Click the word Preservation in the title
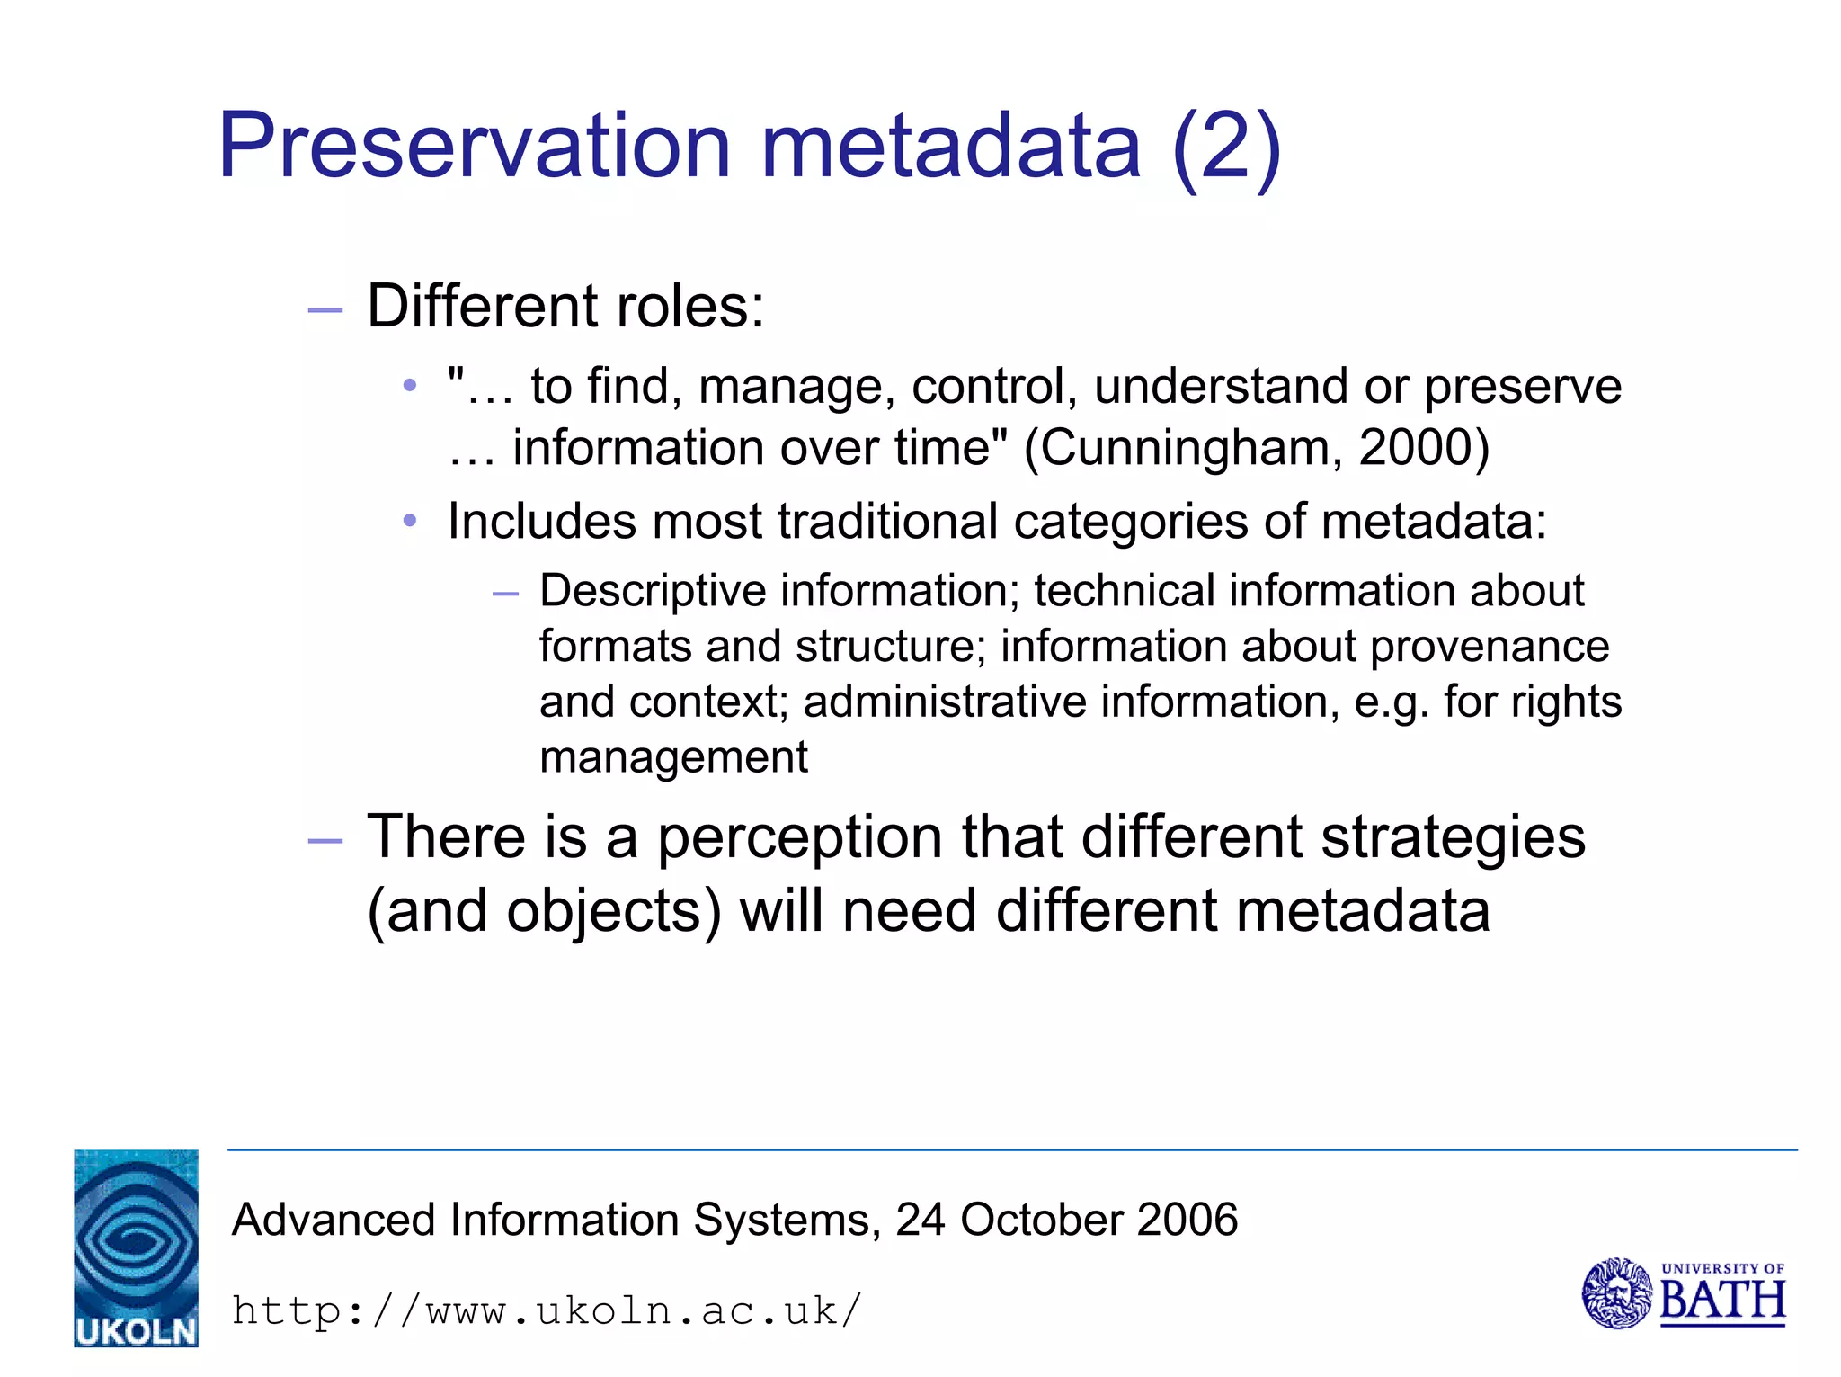point(475,146)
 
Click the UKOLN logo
point(136,1247)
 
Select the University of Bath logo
point(1683,1293)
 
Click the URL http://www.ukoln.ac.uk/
point(547,1310)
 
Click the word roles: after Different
point(689,307)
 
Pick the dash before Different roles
point(325,311)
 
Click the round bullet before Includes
point(410,521)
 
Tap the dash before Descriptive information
point(505,594)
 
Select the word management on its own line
point(673,757)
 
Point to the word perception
point(800,837)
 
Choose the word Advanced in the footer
point(334,1221)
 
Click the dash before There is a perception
point(325,841)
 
